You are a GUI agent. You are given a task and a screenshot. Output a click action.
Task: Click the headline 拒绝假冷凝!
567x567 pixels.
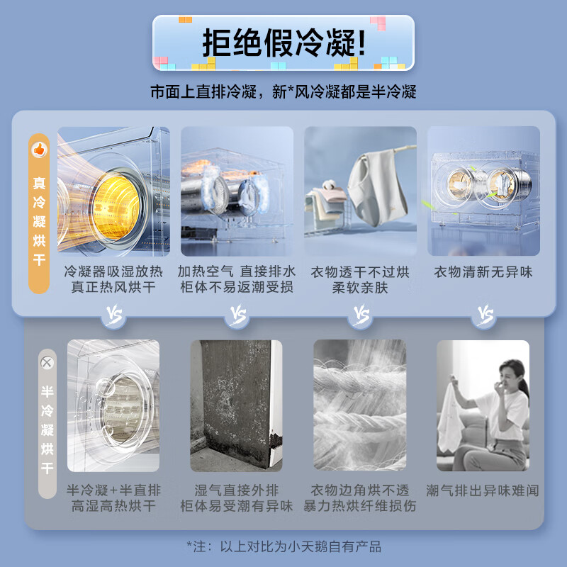pyautogui.click(x=284, y=43)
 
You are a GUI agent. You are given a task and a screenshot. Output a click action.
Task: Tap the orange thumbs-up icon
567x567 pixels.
pyautogui.click(x=39, y=150)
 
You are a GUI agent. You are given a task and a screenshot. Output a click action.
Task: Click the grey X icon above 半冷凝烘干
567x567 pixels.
pyautogui.click(x=47, y=362)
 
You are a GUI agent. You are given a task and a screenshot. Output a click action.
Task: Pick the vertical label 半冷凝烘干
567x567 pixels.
pyautogui.click(x=47, y=429)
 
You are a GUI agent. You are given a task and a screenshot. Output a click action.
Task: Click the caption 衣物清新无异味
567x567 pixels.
pyautogui.click(x=483, y=272)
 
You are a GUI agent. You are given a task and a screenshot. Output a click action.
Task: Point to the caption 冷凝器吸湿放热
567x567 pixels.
pyautogui.click(x=113, y=272)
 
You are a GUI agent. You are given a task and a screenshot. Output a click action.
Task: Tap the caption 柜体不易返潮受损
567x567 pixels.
pyautogui.click(x=236, y=288)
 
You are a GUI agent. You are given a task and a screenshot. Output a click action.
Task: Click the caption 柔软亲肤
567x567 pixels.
pyautogui.click(x=360, y=288)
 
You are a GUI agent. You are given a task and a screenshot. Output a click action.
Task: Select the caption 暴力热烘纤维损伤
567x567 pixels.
pyautogui.click(x=360, y=506)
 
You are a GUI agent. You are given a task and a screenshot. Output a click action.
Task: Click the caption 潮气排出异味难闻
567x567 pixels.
pyautogui.click(x=483, y=490)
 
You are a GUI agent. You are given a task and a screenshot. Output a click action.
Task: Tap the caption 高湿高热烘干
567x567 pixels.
pyautogui.click(x=113, y=506)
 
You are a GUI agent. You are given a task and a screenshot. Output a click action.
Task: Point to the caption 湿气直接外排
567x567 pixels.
pyautogui.click(x=236, y=490)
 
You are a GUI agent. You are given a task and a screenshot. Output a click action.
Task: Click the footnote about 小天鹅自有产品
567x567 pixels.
pyautogui.click(x=284, y=546)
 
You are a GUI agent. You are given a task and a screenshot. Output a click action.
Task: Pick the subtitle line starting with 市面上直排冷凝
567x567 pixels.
pyautogui.click(x=283, y=91)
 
